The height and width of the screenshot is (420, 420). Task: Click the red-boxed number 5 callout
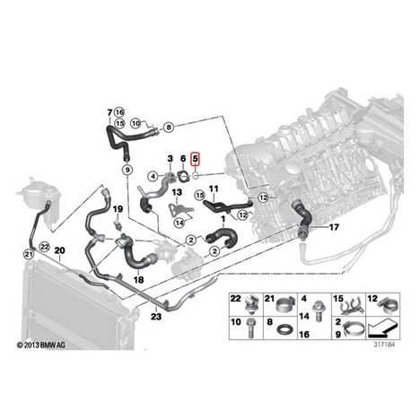click(196, 159)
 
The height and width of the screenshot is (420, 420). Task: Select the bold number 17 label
click(334, 227)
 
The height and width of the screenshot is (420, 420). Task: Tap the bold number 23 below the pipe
click(156, 316)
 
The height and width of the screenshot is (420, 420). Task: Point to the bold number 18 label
click(139, 280)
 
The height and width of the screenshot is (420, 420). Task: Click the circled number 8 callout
click(169, 127)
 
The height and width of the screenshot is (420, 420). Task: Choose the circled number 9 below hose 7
click(127, 170)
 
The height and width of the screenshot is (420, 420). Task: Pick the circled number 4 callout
click(153, 177)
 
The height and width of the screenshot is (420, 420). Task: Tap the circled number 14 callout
click(179, 223)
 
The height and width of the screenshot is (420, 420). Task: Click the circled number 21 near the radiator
click(29, 254)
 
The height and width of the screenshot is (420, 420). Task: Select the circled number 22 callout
click(45, 247)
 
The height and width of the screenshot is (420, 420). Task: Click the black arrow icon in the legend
click(381, 329)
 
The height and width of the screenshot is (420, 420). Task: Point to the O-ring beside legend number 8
click(283, 329)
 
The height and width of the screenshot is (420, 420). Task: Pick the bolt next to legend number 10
click(250, 328)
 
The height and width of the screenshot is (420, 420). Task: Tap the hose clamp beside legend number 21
click(284, 304)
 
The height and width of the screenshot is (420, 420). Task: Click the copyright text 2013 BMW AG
click(41, 346)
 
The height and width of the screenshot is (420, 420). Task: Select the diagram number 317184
click(384, 345)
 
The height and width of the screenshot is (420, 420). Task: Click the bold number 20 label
click(59, 250)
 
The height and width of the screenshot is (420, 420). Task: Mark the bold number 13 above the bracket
click(177, 192)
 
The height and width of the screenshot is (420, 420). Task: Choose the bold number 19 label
click(118, 208)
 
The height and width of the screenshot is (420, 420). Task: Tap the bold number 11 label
click(214, 188)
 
